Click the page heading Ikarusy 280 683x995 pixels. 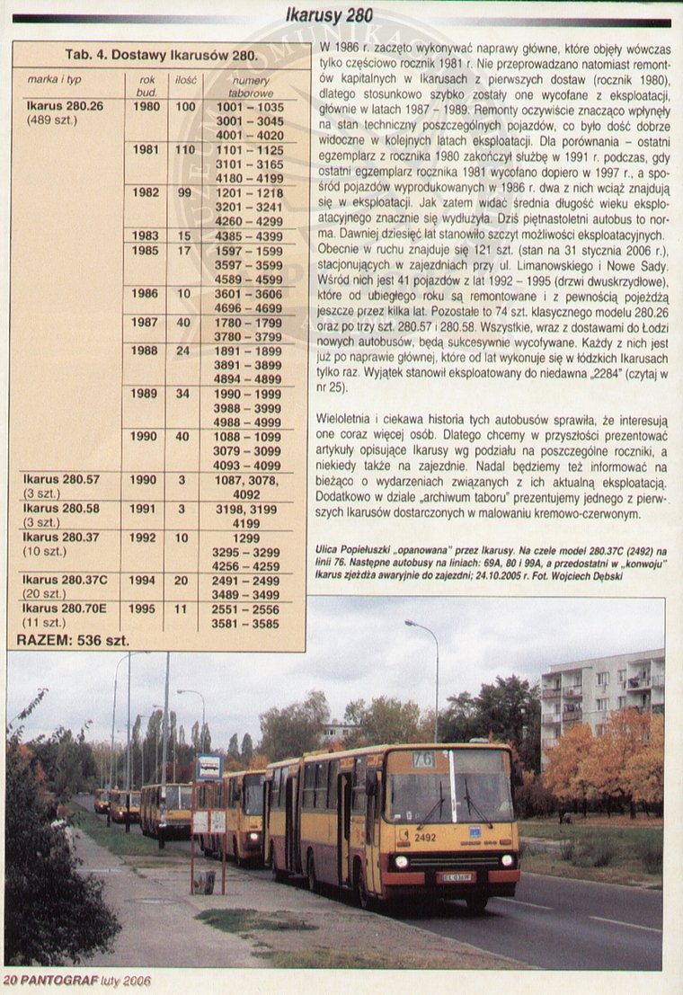328,15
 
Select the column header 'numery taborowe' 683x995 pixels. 250,86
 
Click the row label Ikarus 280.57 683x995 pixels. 63,480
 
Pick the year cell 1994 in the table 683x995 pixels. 142,580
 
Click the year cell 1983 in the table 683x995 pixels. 146,235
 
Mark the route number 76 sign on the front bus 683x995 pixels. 423,760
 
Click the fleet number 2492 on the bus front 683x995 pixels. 425,837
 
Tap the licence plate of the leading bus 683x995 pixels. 456,877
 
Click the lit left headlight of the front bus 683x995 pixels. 401,861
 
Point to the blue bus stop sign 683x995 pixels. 209,767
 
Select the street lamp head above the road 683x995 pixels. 410,623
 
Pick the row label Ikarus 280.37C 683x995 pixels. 66,580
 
